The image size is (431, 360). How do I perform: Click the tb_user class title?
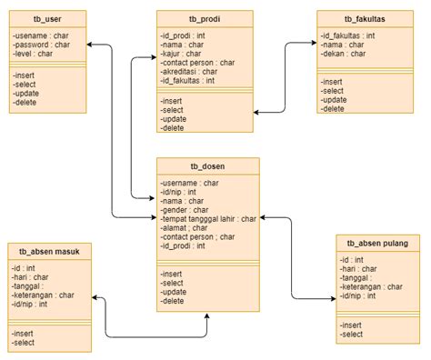click(x=48, y=18)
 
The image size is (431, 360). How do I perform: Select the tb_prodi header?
click(x=207, y=18)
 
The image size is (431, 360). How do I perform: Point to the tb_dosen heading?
click(x=207, y=166)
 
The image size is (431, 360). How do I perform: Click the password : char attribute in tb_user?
click(x=43, y=44)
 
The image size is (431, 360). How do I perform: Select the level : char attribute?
click(x=35, y=53)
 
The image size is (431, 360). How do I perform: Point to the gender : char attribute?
click(x=184, y=209)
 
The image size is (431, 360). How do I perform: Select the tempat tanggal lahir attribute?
click(x=208, y=218)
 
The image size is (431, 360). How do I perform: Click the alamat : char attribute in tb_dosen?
click(x=185, y=227)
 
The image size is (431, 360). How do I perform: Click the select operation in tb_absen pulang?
click(x=352, y=335)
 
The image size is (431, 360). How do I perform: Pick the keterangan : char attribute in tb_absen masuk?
click(x=44, y=295)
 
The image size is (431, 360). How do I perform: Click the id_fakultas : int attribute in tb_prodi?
click(x=188, y=80)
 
